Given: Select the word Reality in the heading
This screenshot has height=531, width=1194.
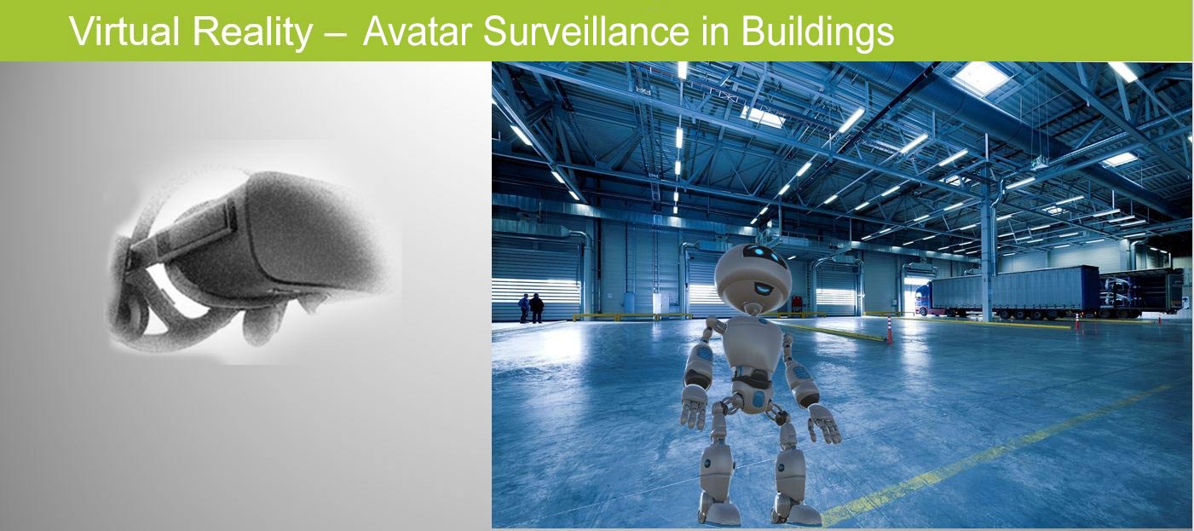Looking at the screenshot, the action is (x=252, y=33).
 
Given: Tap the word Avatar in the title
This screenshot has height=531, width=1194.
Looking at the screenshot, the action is (x=417, y=32).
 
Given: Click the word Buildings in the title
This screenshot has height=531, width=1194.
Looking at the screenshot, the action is (x=817, y=33).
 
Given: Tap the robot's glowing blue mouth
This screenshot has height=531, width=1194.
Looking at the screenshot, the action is (x=764, y=288).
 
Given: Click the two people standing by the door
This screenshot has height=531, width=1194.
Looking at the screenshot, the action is (x=531, y=309).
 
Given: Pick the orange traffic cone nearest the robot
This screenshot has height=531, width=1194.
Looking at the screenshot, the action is (x=889, y=329).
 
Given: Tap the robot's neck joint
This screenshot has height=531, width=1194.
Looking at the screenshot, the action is (x=753, y=308).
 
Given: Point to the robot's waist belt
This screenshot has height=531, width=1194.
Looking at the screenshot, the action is (x=753, y=379).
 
